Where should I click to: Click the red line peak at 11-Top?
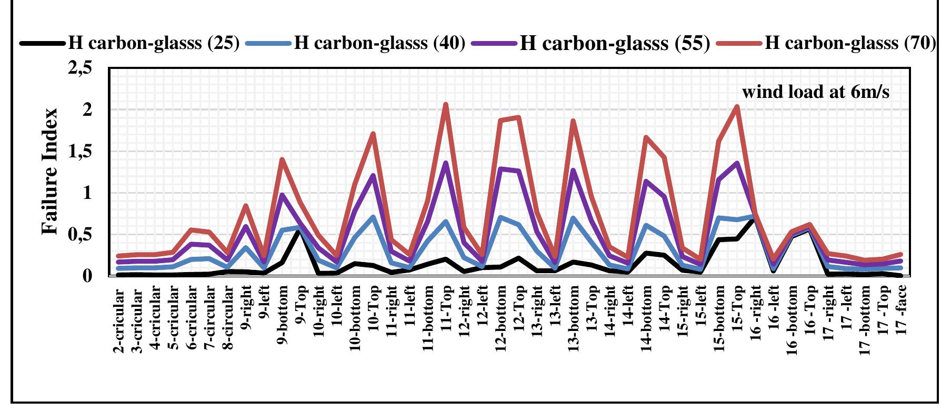point(446,104)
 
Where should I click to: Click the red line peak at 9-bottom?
point(282,159)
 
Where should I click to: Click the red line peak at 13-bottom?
point(573,121)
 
